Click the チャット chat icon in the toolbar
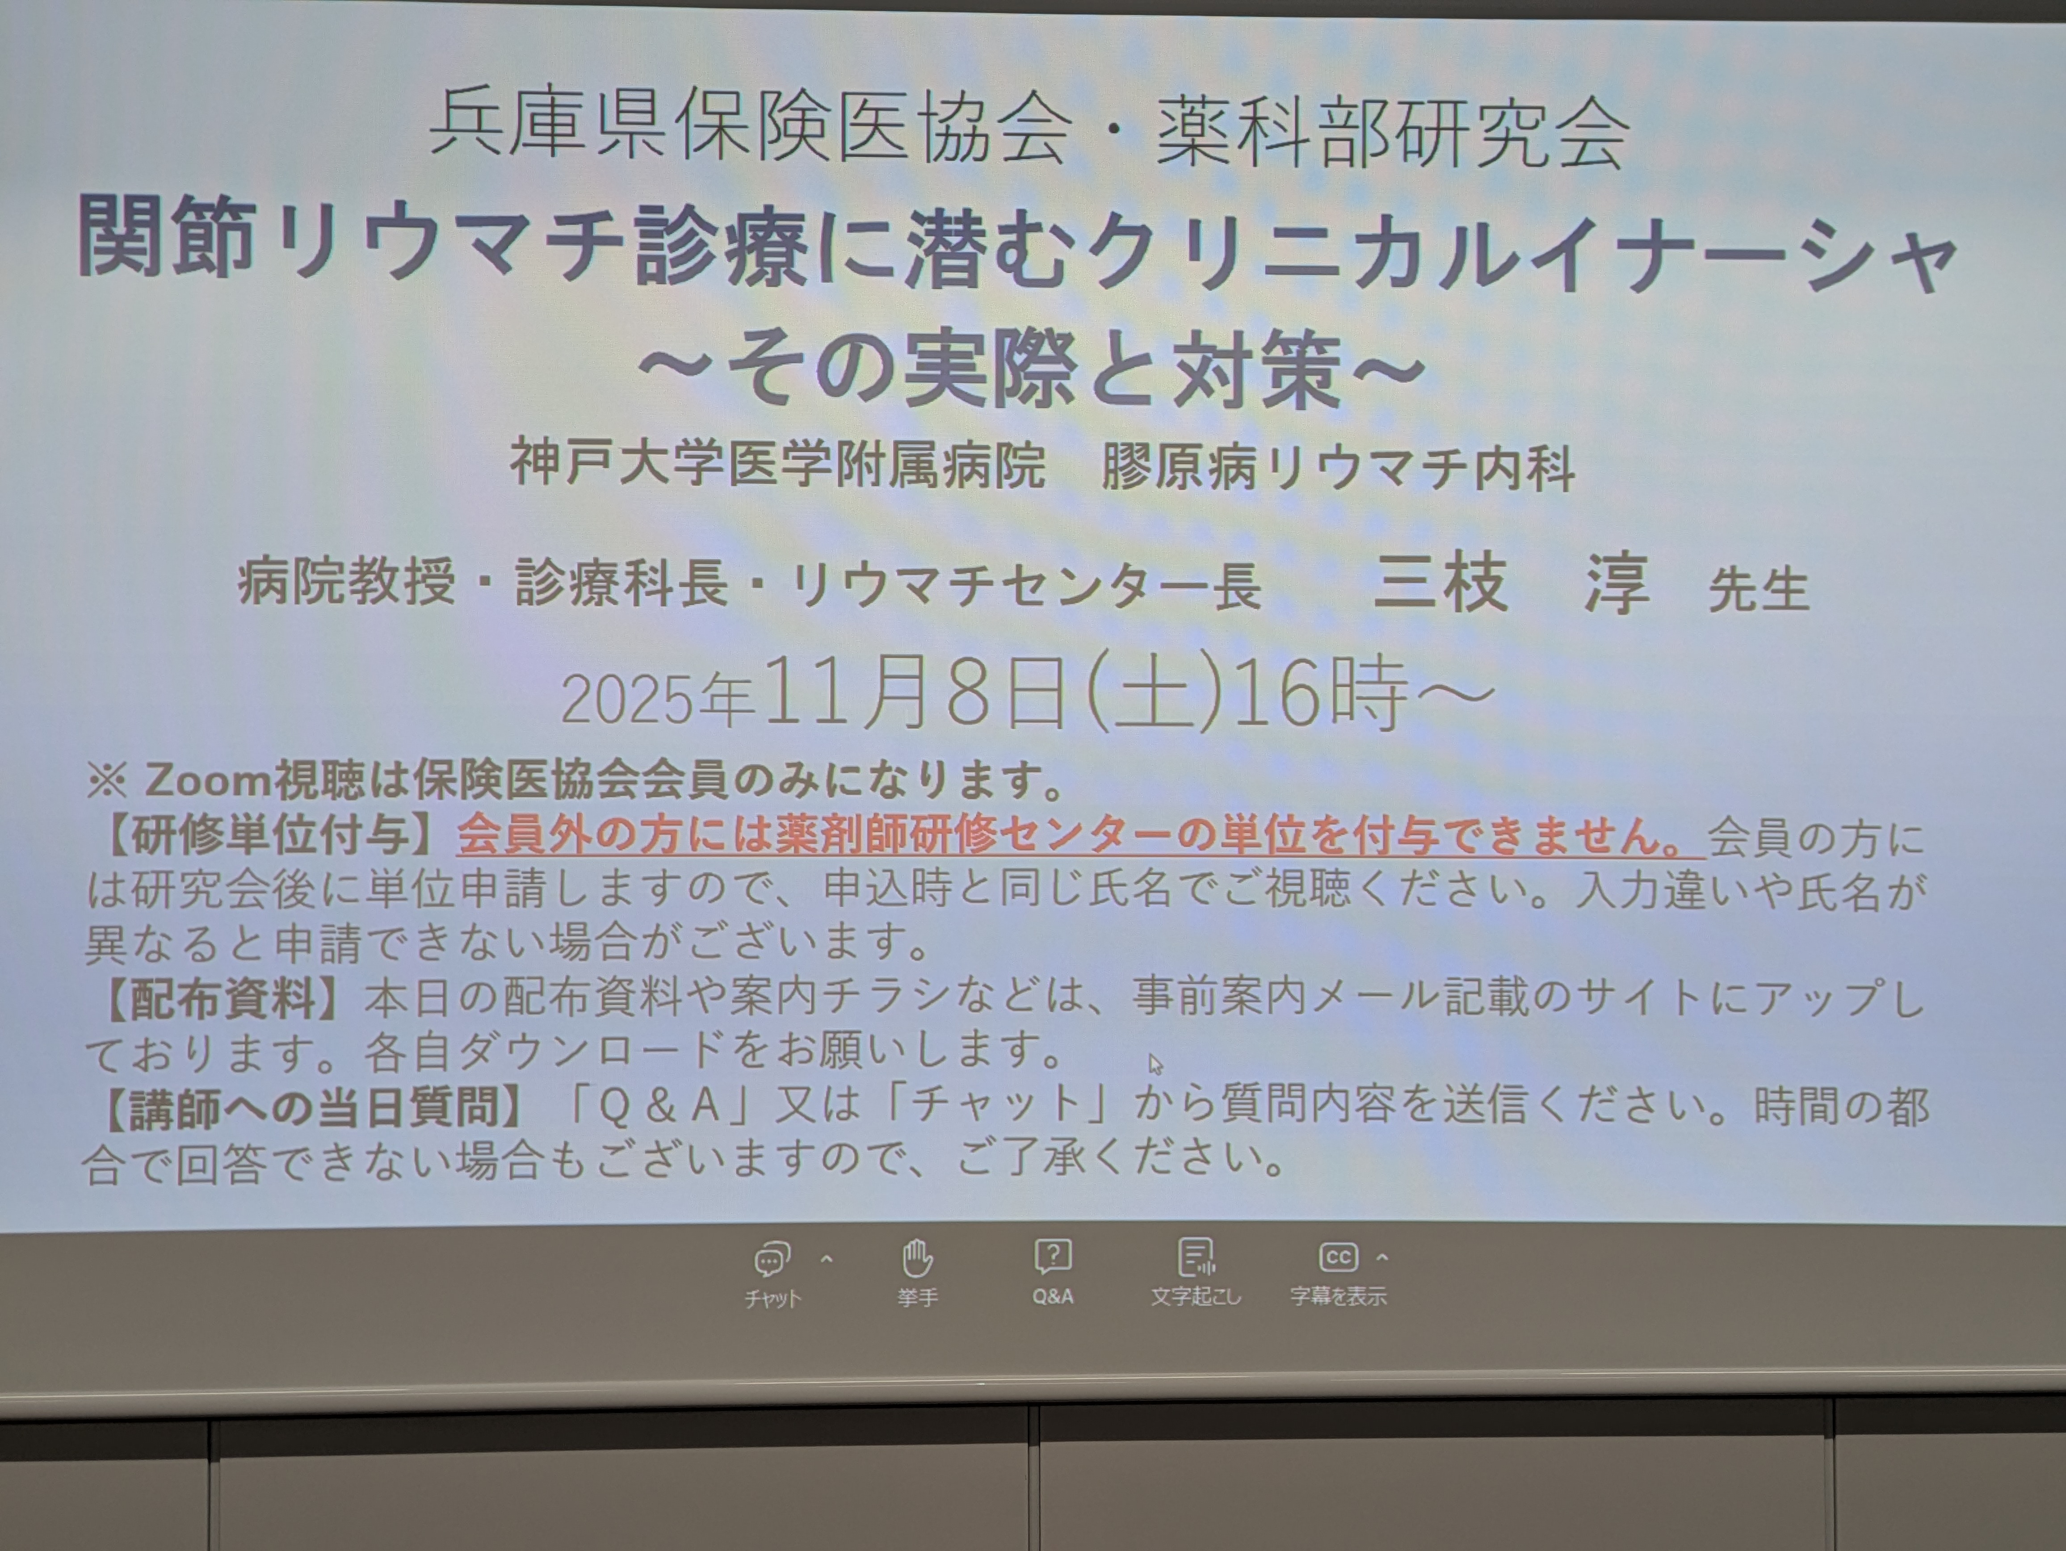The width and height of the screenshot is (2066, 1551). pos(772,1260)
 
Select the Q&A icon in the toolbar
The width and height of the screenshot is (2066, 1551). pos(1053,1257)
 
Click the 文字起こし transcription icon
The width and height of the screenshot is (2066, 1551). pos(1196,1257)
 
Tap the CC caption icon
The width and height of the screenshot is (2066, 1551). pos(1337,1257)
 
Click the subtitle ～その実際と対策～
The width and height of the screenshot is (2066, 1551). pos(1032,370)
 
